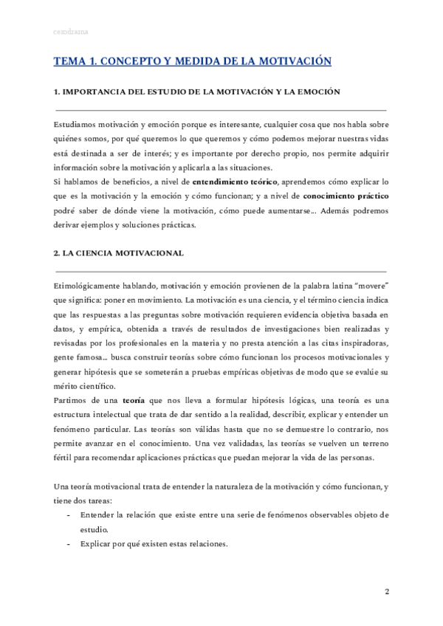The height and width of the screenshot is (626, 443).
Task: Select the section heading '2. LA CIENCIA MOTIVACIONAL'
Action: [x=119, y=252]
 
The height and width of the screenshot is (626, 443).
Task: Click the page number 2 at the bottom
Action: [x=388, y=593]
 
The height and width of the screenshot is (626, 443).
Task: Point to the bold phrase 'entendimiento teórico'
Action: [x=235, y=180]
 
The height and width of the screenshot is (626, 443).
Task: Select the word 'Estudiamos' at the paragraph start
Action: [x=77, y=124]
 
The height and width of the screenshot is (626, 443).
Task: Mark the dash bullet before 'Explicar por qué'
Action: [x=69, y=545]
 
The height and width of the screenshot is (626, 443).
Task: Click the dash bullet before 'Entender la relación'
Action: [x=69, y=514]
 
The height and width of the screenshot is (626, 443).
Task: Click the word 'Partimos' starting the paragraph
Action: [x=72, y=399]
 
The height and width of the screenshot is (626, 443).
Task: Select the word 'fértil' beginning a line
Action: [x=64, y=456]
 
